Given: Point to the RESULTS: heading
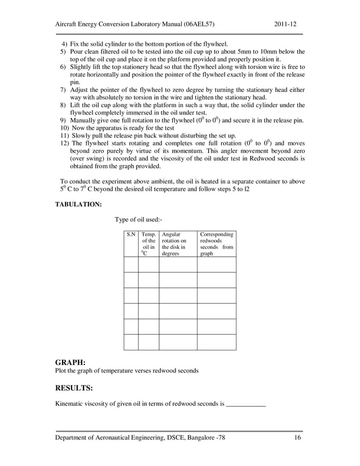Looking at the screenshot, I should click(x=74, y=388).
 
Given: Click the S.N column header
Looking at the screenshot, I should click(x=130, y=234).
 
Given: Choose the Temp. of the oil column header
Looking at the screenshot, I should click(x=148, y=243).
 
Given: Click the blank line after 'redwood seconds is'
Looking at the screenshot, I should click(x=245, y=404).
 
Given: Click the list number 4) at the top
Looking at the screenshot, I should click(x=64, y=44).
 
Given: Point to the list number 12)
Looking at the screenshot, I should click(x=64, y=143).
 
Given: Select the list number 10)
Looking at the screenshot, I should click(x=64, y=128).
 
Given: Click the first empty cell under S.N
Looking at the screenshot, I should click(x=130, y=265).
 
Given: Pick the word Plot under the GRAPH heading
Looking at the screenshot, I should click(x=61, y=371).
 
